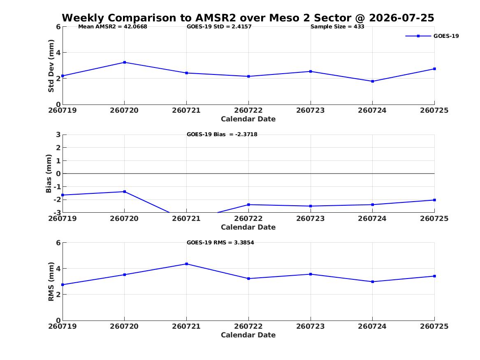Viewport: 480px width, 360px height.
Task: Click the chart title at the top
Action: [248, 18]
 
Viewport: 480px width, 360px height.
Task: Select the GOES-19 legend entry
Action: [432, 36]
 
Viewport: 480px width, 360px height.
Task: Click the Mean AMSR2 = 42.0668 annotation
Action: [113, 27]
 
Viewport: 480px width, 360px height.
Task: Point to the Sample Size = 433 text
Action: [337, 27]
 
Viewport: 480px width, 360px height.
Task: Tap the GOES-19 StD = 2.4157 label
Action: [219, 27]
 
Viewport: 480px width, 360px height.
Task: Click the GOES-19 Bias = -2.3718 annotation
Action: [222, 135]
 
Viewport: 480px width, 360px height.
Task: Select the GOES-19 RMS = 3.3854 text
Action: [220, 242]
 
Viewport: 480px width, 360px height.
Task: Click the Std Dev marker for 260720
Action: [125, 63]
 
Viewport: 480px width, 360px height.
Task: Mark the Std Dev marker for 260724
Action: [373, 81]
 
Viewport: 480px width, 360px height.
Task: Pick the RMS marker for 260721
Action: [187, 264]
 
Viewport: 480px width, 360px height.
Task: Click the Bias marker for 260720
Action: [125, 192]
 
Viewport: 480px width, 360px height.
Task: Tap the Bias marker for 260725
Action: [434, 200]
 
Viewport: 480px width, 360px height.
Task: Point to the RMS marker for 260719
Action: [63, 285]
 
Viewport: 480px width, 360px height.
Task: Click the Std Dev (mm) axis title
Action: [51, 66]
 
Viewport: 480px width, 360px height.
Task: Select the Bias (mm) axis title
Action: [49, 174]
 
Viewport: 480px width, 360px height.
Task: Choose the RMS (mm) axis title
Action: [51, 282]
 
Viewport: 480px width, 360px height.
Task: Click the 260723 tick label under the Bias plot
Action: [311, 218]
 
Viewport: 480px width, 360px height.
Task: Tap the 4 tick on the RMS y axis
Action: [58, 269]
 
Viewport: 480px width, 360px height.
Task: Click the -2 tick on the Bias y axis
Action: [57, 200]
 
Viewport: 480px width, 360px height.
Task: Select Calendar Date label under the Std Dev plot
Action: [248, 119]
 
